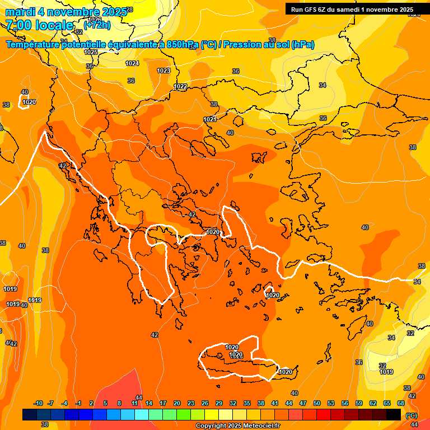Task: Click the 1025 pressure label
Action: coord(91,52)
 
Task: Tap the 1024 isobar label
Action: coord(132,63)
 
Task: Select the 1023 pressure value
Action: coord(163,71)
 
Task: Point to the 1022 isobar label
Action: coord(180,86)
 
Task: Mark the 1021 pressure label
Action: coord(210,119)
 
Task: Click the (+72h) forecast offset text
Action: coord(97,25)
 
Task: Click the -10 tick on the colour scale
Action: coord(38,403)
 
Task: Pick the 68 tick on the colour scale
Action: coord(401,403)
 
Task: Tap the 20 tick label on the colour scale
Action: coord(177,403)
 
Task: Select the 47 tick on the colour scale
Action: coord(303,403)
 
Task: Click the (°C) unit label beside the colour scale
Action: coord(411,415)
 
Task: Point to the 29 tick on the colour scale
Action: coord(219,403)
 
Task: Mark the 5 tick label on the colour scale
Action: coord(105,403)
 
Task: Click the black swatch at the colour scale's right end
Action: coord(394,414)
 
